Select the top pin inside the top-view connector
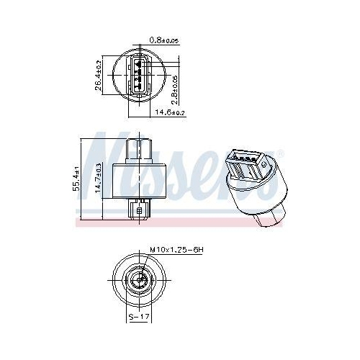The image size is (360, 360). [138, 62]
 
